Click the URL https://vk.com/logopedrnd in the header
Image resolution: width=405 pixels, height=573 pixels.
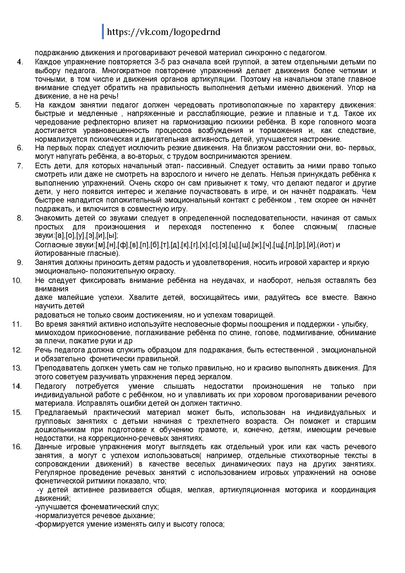tap(163, 32)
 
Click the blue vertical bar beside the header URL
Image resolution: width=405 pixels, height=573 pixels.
tap(103, 31)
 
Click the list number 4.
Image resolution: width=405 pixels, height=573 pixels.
tap(20, 62)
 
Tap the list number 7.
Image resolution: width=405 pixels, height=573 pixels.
tap(20, 166)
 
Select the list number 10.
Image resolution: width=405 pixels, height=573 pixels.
tap(17, 280)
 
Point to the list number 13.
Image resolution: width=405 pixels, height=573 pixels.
tap(17, 368)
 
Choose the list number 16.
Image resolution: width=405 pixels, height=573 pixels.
tap(17, 447)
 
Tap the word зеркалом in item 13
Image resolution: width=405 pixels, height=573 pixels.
tap(217, 377)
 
